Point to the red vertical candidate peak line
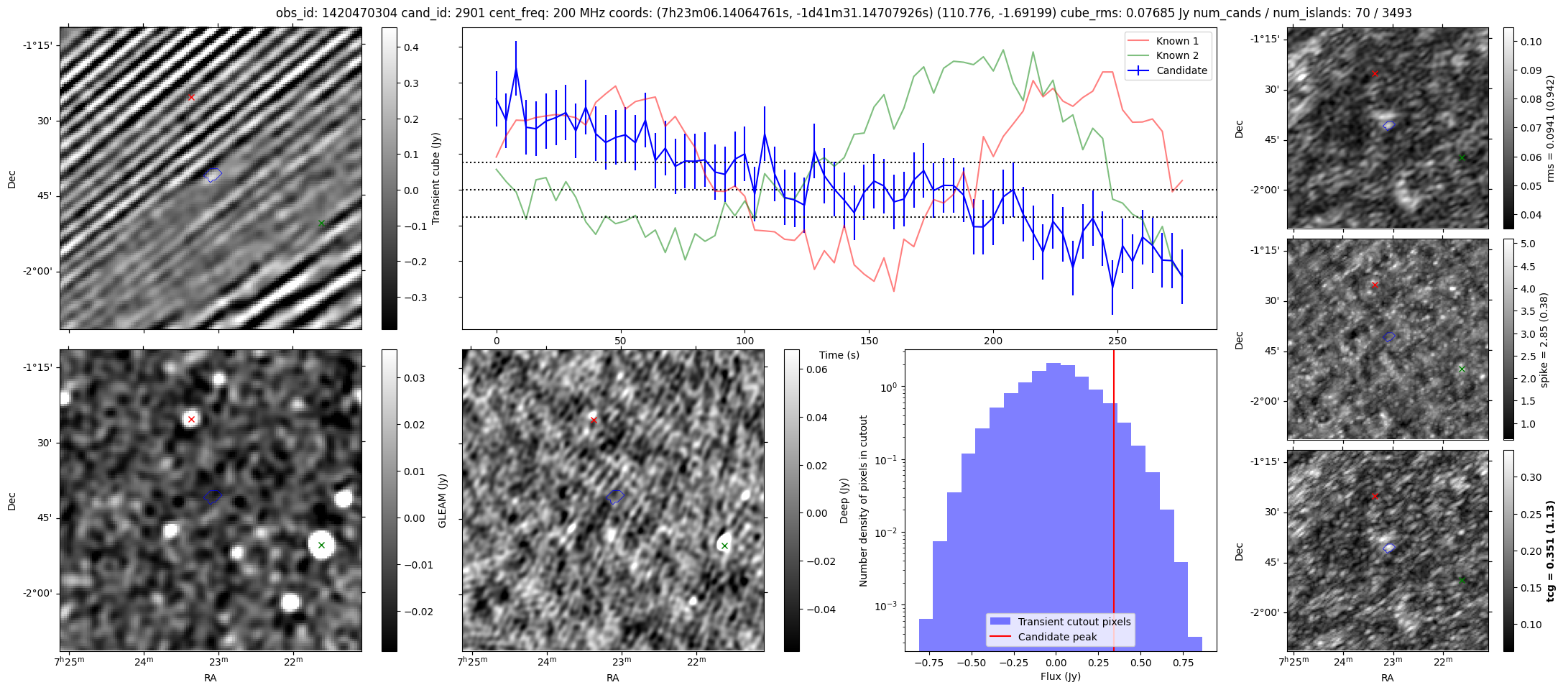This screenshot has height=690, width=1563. point(1114,503)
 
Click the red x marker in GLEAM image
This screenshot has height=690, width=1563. point(191,419)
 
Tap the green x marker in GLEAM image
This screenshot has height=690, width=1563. point(321,545)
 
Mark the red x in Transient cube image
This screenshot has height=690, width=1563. point(191,97)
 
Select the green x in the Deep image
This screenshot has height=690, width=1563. point(724,546)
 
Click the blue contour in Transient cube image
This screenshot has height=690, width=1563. point(213,174)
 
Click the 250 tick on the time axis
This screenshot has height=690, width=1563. point(1117,340)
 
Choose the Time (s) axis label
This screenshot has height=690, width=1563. point(839,355)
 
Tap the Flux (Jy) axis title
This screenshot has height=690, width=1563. point(1060,676)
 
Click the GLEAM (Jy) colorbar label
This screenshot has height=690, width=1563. point(442,500)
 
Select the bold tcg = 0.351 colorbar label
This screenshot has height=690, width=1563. point(1550,551)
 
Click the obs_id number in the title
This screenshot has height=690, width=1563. point(353,13)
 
